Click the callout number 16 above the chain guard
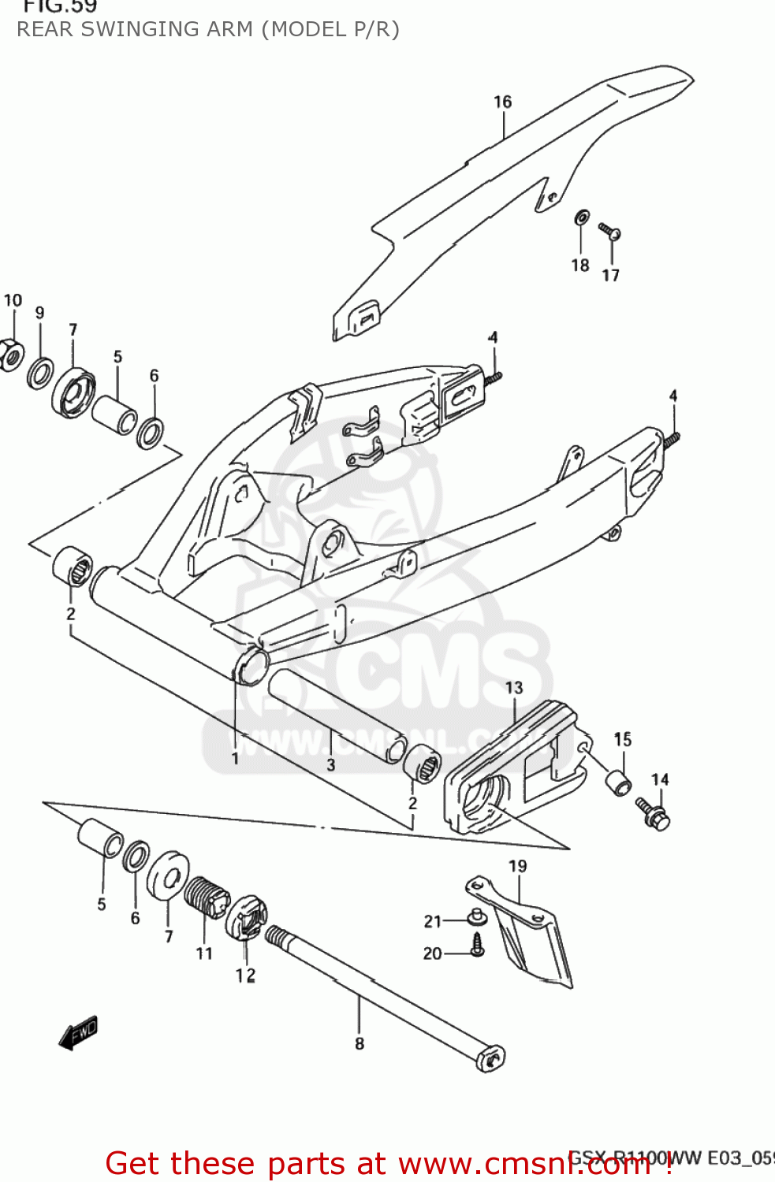tap(502, 102)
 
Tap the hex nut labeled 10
tap(11, 355)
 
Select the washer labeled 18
tap(581, 217)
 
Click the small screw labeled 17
tap(610, 231)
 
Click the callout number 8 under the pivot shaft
tap(360, 1043)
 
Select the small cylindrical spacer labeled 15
tap(618, 783)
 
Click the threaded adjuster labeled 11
tap(207, 897)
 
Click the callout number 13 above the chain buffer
tap(514, 688)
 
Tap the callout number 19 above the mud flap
tap(517, 866)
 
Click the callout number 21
tap(433, 921)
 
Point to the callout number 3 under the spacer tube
tap(331, 764)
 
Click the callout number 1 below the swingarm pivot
tap(235, 758)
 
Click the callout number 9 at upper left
tap(40, 313)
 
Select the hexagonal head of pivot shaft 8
tap(490, 1057)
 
